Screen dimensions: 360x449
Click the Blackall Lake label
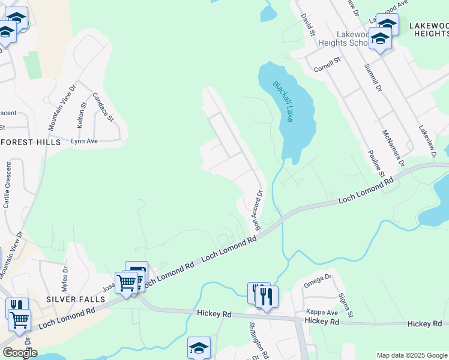[283, 101]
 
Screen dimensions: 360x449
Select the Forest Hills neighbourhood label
[31, 142]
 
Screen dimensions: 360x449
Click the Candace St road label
[103, 107]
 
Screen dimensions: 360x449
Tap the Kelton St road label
[82, 113]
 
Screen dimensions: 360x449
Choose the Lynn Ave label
[85, 142]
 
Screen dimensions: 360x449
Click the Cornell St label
[327, 64]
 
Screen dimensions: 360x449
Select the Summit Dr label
[370, 80]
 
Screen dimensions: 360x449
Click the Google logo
[19, 353]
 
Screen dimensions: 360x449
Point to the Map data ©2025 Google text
[411, 355]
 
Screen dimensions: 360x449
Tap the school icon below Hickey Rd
[199, 347]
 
